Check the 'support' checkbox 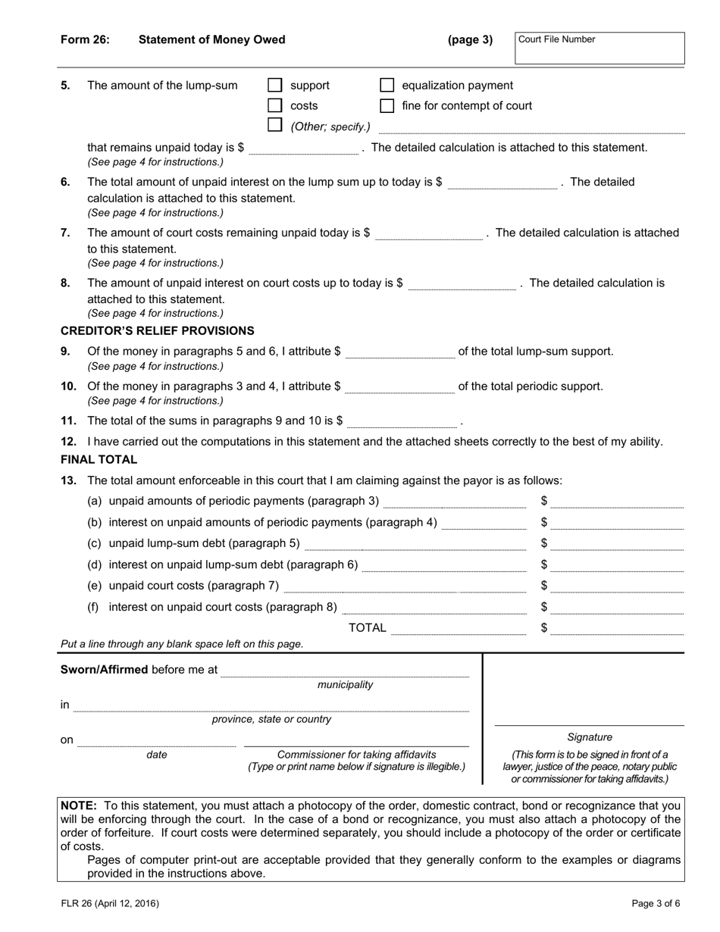pos(275,86)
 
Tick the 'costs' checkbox pos(275,105)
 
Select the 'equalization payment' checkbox pos(387,86)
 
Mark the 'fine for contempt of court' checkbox pos(387,105)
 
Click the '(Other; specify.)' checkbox pos(275,125)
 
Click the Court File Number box pos(599,48)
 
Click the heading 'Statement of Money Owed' pos(211,39)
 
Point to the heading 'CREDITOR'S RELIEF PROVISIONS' pos(157,330)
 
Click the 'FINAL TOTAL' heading pos(99,459)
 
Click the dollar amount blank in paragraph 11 pos(402,421)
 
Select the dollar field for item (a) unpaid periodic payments pos(617,502)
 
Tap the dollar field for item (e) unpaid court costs pos(617,586)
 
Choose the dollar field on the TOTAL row pos(617,628)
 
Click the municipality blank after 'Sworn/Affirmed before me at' pos(345,671)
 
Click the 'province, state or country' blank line pos(271,706)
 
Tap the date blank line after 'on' pos(157,741)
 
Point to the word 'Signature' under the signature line pos(590,737)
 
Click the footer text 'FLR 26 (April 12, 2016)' pos(110,903)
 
